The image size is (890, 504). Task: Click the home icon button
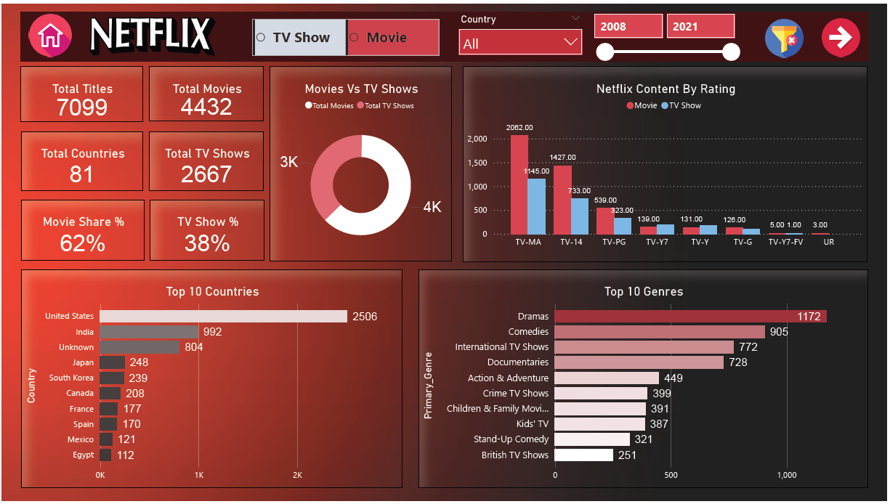click(x=50, y=36)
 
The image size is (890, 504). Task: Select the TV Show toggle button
click(x=299, y=38)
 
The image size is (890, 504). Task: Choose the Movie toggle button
click(x=393, y=38)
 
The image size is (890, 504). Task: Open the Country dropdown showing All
click(x=520, y=43)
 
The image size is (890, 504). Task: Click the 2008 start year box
click(x=628, y=27)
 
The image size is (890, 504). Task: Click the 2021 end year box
click(x=700, y=27)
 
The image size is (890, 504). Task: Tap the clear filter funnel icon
click(x=784, y=37)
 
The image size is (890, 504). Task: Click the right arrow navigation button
click(x=841, y=37)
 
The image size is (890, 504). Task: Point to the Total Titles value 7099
click(x=82, y=107)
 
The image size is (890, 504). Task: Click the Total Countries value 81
click(x=82, y=174)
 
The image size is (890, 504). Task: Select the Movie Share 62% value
click(x=83, y=243)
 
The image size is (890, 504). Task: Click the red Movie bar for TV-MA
click(x=519, y=184)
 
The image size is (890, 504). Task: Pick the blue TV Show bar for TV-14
click(x=579, y=216)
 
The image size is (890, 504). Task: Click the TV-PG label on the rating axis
click(x=614, y=243)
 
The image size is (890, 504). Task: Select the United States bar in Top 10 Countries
click(x=223, y=317)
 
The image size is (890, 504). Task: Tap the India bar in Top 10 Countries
click(x=149, y=332)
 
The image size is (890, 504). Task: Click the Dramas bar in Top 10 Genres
click(x=690, y=317)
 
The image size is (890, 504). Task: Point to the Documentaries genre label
click(x=518, y=362)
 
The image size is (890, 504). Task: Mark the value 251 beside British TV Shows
click(x=627, y=455)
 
